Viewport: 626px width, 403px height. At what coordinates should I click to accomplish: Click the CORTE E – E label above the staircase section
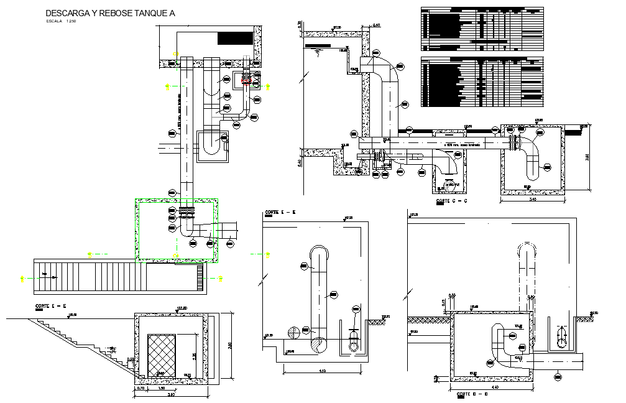click(51, 307)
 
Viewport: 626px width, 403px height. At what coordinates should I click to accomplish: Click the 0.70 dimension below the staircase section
click(140, 387)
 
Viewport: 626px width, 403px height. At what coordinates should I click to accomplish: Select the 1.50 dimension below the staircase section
click(162, 387)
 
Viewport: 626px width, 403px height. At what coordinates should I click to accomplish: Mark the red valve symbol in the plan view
click(246, 78)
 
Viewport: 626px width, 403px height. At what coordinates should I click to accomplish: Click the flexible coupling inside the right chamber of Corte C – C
click(514, 142)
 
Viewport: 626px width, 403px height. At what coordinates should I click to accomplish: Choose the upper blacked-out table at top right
click(482, 28)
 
